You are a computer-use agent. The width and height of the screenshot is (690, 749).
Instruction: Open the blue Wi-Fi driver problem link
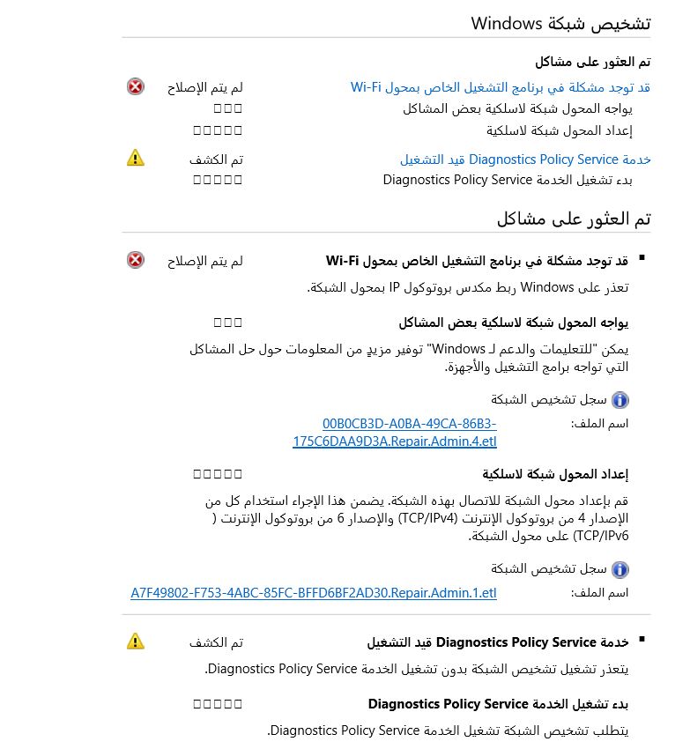pos(500,87)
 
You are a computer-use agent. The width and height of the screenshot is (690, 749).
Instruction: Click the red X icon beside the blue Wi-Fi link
pos(135,87)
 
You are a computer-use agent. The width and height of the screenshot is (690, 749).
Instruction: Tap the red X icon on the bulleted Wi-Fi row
pos(135,260)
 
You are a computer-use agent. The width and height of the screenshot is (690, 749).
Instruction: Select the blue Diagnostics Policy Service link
pos(525,159)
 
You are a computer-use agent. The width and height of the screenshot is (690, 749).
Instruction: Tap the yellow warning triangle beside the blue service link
pos(135,159)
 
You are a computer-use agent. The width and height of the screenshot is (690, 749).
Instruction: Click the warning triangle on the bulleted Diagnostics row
pos(135,641)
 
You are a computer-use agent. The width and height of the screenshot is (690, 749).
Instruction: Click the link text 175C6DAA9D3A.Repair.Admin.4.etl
pos(395,441)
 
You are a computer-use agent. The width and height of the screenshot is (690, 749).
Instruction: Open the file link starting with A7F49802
pos(314,593)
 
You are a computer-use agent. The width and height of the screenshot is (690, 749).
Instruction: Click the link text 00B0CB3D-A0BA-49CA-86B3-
pos(409,424)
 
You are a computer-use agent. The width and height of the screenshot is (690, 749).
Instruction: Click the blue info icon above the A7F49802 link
pos(620,569)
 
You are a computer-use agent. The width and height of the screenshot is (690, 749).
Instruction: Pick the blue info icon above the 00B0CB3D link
pos(620,400)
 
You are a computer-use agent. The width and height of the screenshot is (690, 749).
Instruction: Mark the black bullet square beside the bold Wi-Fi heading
pos(642,258)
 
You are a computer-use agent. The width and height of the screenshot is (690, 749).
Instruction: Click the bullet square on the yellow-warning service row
pos(642,640)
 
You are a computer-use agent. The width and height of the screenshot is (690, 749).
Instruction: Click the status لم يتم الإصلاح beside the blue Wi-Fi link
pos(204,87)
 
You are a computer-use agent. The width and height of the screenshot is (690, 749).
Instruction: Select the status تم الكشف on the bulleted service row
pos(216,642)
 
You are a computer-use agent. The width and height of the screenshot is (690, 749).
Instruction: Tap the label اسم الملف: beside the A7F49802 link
pos(599,593)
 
